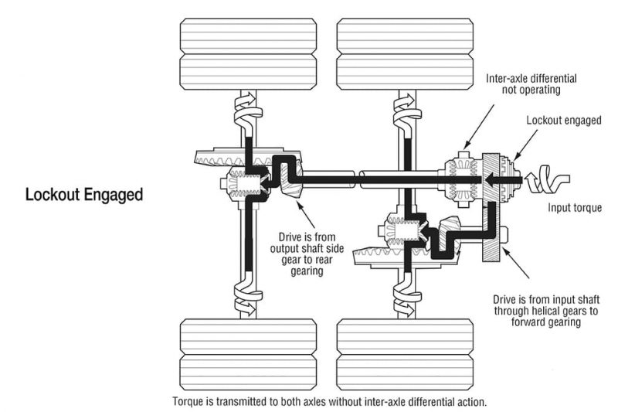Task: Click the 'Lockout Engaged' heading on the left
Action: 84,195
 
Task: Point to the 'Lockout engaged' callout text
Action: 563,121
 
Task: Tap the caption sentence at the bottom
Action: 330,402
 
